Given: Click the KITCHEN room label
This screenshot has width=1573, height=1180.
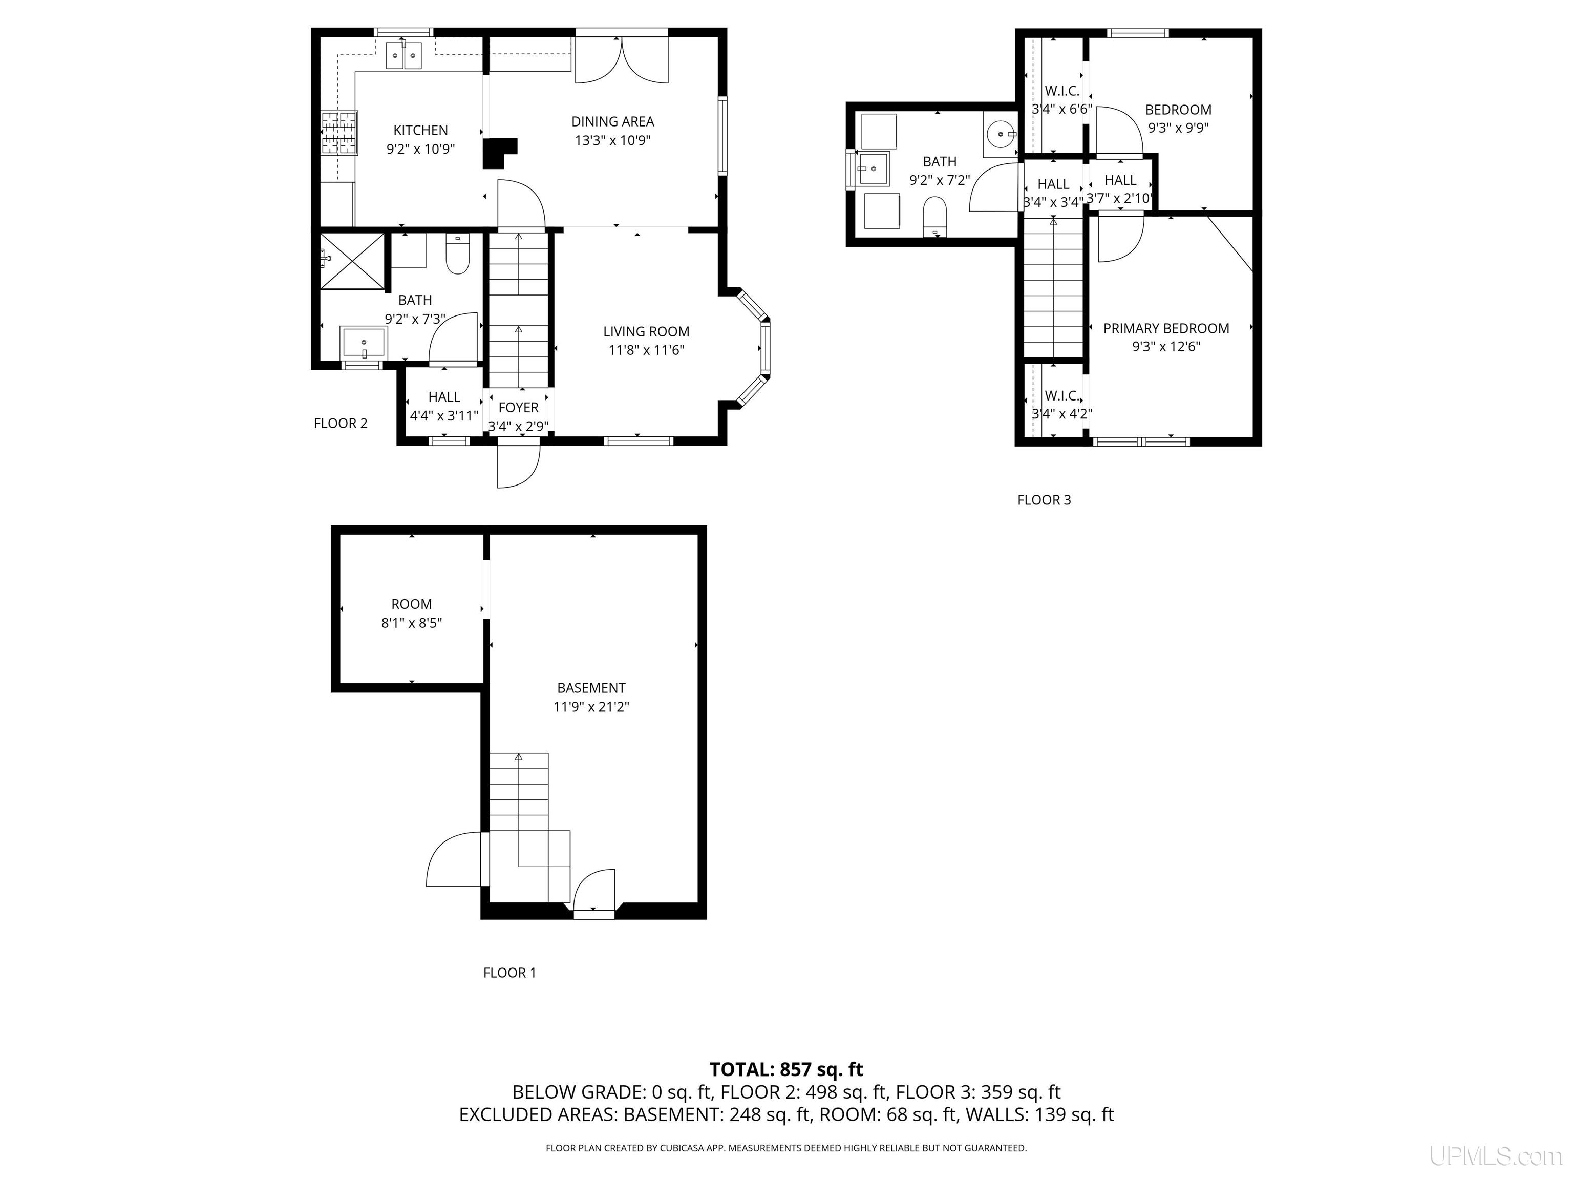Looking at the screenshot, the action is click(x=420, y=130).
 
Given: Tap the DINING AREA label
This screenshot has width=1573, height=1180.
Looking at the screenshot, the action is click(x=612, y=121).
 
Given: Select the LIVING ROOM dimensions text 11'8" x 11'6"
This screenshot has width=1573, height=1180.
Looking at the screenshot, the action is click(x=646, y=350).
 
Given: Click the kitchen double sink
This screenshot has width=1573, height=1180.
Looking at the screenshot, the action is click(x=404, y=55).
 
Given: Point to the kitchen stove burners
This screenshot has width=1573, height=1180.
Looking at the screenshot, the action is click(x=338, y=133).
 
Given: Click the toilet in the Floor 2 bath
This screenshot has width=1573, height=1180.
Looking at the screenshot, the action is click(x=458, y=254).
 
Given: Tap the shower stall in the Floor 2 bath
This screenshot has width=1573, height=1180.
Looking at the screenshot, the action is click(x=352, y=261).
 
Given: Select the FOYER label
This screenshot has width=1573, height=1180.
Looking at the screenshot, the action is click(x=518, y=408).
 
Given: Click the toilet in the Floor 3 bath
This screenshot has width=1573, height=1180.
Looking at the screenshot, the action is click(x=934, y=216).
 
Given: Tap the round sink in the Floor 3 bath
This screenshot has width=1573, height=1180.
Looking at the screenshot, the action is click(x=1001, y=134).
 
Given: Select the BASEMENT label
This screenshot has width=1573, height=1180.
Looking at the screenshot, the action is click(x=591, y=688).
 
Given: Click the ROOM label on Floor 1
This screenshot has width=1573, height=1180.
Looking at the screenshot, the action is click(x=411, y=604).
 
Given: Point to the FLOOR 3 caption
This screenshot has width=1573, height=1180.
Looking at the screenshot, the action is click(x=1044, y=500).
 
